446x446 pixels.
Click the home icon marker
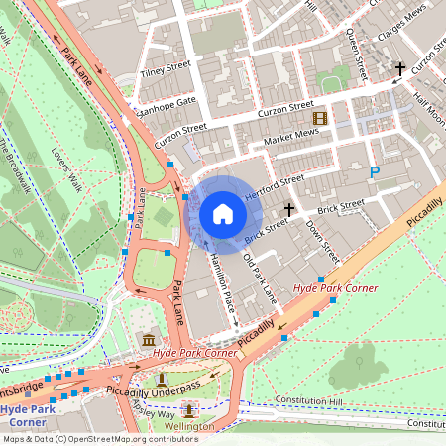[223, 213]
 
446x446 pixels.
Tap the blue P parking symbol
[375, 172]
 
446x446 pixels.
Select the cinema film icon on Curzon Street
[319, 118]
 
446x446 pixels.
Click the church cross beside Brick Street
[289, 210]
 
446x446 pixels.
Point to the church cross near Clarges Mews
[400, 69]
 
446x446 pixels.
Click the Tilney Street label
[165, 68]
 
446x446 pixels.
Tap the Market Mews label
[291, 135]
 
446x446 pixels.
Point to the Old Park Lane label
[259, 279]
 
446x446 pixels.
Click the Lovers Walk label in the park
[67, 168]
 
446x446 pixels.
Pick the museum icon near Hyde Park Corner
[149, 342]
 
